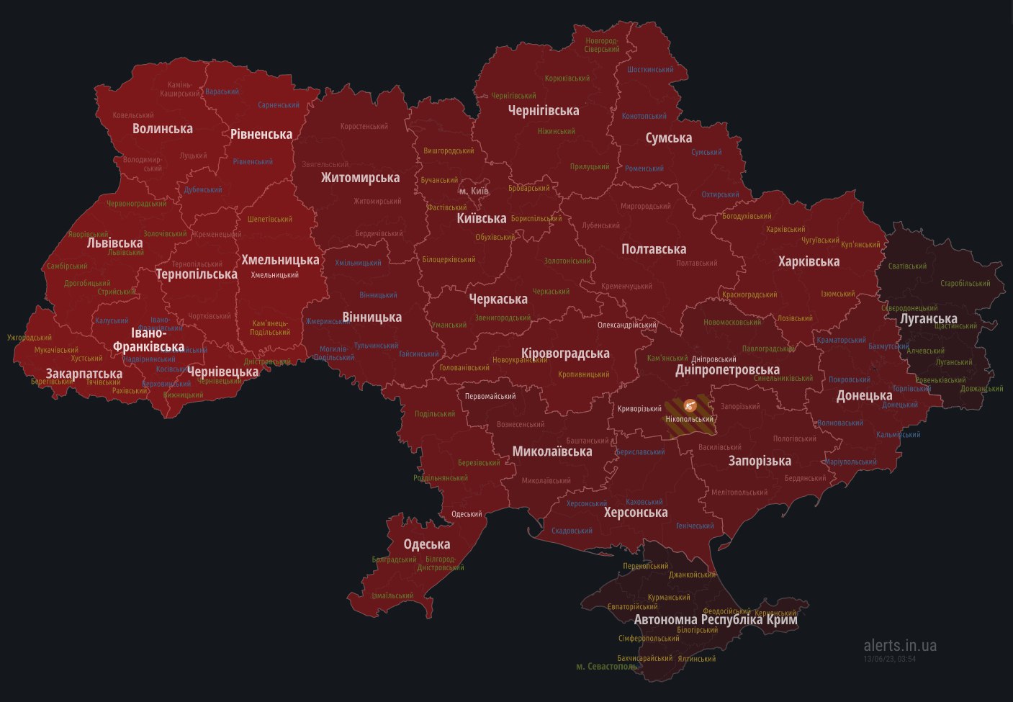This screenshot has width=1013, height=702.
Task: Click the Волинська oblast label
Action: (x=162, y=128)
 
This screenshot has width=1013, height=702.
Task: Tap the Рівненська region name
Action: (x=261, y=134)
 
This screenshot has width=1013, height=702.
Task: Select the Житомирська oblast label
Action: (x=360, y=178)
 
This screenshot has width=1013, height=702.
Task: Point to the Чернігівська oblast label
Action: (x=543, y=110)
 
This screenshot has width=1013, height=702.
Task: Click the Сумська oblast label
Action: (x=668, y=138)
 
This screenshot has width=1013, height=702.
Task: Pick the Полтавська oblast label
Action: (x=654, y=249)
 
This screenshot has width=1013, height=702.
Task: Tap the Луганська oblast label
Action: (x=928, y=318)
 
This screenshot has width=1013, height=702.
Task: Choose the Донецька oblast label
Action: (x=864, y=395)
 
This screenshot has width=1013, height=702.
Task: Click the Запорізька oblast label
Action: (x=759, y=461)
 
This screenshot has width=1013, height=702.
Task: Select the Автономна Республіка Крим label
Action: (x=715, y=619)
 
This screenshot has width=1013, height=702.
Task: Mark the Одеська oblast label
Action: (x=426, y=544)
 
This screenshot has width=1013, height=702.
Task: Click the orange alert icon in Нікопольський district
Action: (x=689, y=405)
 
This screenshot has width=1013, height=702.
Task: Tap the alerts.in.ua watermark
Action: (x=900, y=645)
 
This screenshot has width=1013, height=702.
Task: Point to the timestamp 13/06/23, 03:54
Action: (x=889, y=659)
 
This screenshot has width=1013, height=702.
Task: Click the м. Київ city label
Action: (x=474, y=191)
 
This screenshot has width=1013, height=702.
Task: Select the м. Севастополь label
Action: (x=606, y=667)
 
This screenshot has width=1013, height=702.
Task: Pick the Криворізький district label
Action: (x=639, y=409)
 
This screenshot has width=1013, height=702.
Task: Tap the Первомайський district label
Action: (x=490, y=397)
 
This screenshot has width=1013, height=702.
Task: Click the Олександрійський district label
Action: (x=626, y=325)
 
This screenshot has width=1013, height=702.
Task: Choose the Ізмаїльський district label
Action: (x=392, y=596)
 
